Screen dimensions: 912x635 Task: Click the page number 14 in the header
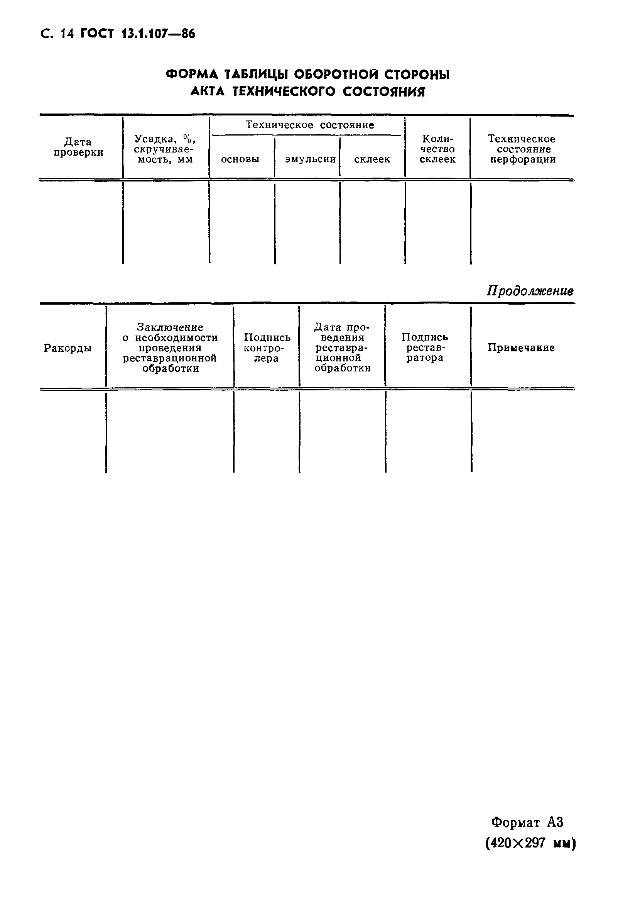click(x=67, y=34)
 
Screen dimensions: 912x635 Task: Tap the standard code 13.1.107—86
click(x=158, y=34)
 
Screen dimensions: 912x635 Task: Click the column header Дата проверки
click(x=78, y=147)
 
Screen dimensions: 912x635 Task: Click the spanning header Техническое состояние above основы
click(x=309, y=125)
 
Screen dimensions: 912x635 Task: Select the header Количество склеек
click(x=437, y=149)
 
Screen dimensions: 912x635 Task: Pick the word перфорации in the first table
click(x=523, y=160)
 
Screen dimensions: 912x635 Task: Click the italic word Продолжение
click(x=530, y=291)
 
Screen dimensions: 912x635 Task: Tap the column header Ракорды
click(x=68, y=348)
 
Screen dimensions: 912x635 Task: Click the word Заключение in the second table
click(x=170, y=327)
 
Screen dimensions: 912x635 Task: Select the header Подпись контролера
click(x=267, y=348)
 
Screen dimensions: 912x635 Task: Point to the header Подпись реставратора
click(x=425, y=348)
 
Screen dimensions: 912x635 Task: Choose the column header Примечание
click(x=521, y=348)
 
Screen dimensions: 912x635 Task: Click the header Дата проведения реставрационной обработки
click(x=342, y=348)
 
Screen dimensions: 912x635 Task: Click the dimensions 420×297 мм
click(x=530, y=842)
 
